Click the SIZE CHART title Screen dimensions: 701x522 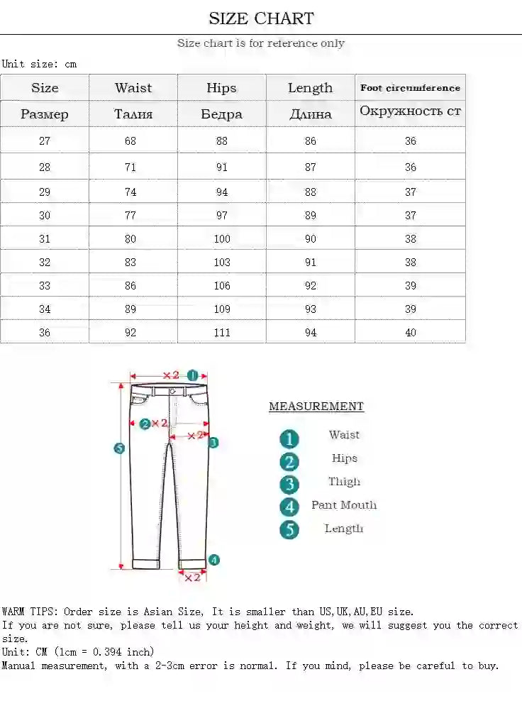tap(261, 18)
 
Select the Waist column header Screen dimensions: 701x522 tap(133, 88)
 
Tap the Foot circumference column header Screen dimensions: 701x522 tap(410, 88)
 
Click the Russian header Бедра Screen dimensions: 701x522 tap(221, 114)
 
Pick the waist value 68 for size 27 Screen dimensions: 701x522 tap(130, 140)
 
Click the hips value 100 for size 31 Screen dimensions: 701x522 tap(222, 239)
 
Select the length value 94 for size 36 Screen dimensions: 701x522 tap(311, 332)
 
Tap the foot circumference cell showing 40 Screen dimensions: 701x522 tap(411, 332)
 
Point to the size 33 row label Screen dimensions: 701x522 tap(45, 286)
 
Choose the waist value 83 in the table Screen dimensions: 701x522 tap(130, 263)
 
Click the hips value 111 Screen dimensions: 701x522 tap(222, 332)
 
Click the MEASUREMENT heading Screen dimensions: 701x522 tap(316, 407)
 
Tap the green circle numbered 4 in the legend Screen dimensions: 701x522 tap(289, 507)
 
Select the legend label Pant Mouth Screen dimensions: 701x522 tap(344, 505)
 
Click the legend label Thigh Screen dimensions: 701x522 tap(344, 482)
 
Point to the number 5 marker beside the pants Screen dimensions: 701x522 tap(119, 448)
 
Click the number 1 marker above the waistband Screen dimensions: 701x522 tap(192, 375)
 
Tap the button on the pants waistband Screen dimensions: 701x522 tap(174, 391)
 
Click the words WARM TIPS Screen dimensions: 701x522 tap(30, 612)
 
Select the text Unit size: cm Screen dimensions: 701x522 tap(39, 64)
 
